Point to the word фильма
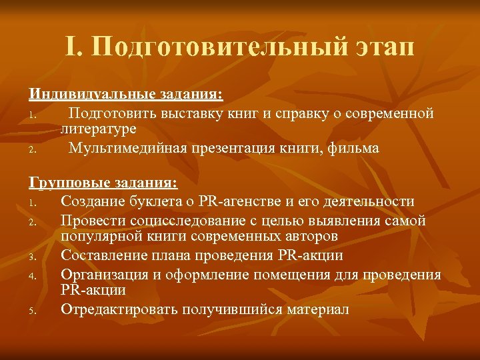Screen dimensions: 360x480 pos(355,148)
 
